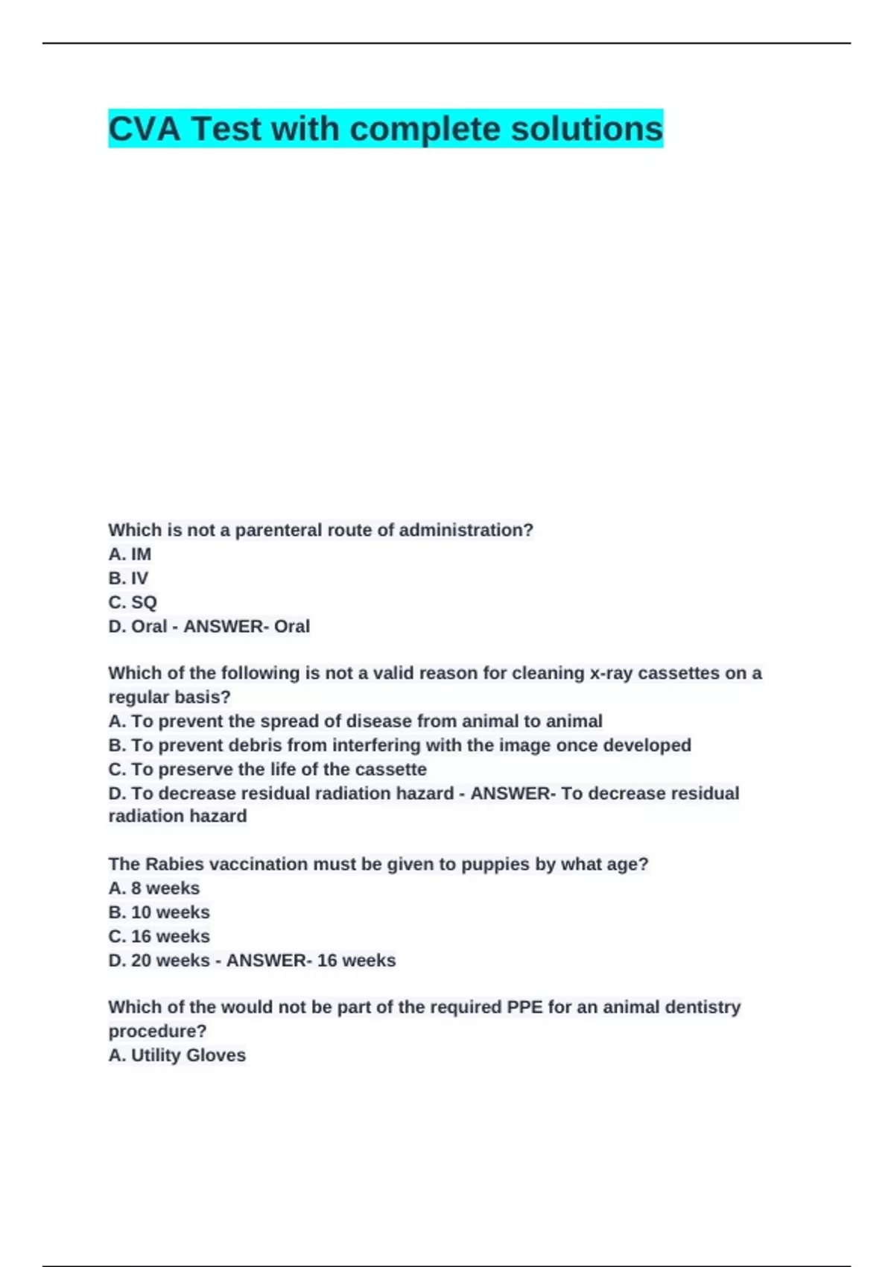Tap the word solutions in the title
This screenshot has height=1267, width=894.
click(586, 129)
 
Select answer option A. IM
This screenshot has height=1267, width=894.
click(130, 554)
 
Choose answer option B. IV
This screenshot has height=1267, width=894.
click(128, 578)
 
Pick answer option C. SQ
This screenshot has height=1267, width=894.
click(133, 602)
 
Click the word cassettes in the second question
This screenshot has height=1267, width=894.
click(679, 673)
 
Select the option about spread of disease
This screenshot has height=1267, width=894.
click(355, 721)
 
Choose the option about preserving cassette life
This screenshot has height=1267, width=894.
click(267, 769)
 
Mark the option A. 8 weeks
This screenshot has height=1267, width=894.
click(154, 888)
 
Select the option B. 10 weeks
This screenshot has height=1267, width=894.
click(159, 912)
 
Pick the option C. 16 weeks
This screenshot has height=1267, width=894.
click(159, 936)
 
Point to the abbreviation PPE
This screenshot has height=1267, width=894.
click(524, 1008)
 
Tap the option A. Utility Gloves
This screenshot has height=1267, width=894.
click(177, 1055)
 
